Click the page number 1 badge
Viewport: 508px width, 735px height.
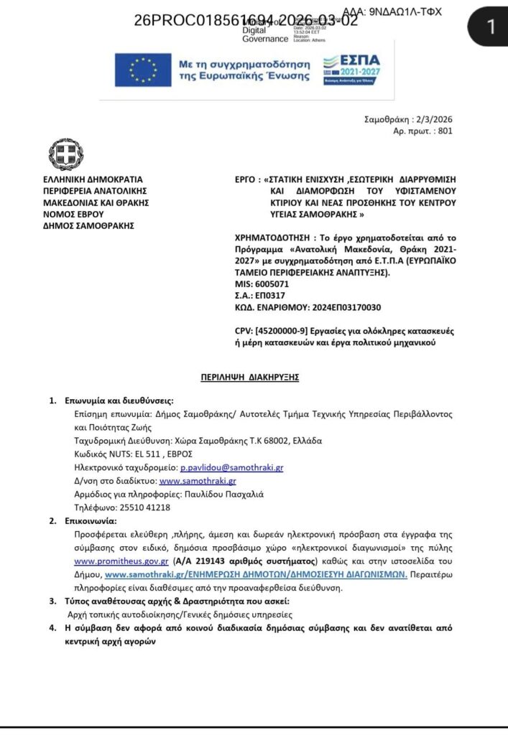(491, 27)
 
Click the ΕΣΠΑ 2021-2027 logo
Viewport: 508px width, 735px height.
(352, 70)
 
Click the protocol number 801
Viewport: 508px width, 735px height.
(445, 131)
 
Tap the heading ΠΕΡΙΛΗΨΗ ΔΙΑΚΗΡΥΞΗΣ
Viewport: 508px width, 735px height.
(249, 375)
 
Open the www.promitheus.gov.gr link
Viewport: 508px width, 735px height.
(121, 561)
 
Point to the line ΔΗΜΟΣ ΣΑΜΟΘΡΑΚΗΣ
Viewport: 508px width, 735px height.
(88, 225)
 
